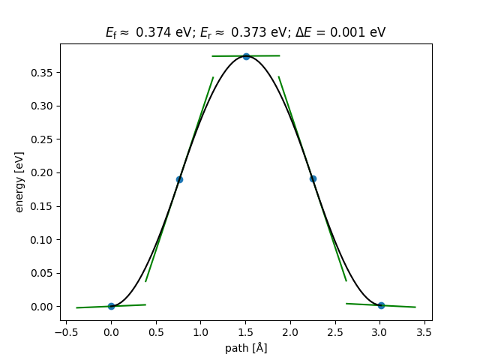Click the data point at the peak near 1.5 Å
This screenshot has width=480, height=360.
coord(246,56)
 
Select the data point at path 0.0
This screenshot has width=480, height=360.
coord(111,306)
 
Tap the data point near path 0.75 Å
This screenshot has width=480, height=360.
coord(179,179)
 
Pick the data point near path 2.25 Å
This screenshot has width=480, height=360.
coord(313,178)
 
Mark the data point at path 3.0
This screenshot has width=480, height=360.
coord(381,305)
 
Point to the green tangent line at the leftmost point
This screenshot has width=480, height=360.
coord(90,307)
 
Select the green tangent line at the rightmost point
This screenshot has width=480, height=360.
coord(401,306)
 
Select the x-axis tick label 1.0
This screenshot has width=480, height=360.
coord(200,332)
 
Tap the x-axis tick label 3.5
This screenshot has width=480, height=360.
coord(424,332)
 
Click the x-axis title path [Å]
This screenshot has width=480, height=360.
coord(246,348)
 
